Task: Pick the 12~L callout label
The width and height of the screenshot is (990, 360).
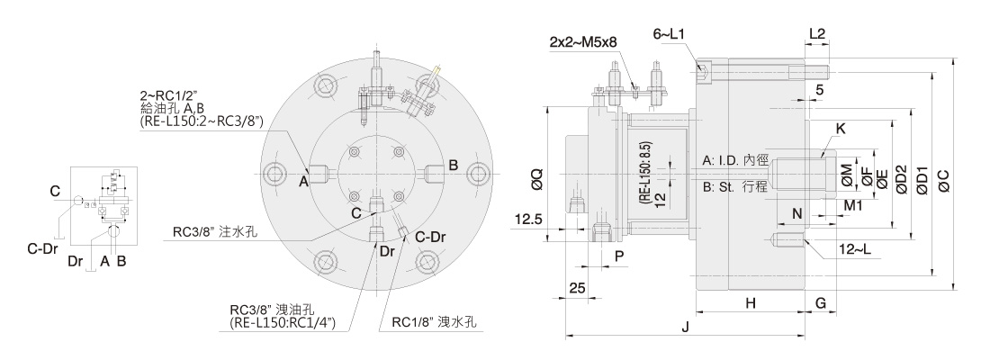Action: point(851,247)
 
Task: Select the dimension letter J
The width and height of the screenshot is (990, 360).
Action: point(685,328)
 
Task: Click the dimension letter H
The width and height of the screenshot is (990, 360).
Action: point(750,304)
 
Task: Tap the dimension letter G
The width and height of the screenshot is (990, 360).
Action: point(822,304)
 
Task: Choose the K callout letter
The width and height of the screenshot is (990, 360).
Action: point(841,129)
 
